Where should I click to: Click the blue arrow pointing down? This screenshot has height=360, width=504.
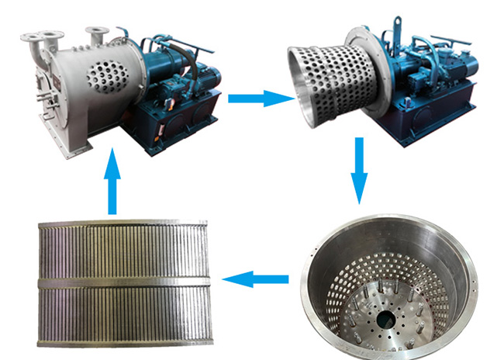pyautogui.click(x=357, y=171)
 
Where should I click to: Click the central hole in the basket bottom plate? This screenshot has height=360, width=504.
pyautogui.click(x=383, y=318)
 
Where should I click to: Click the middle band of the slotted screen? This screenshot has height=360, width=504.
pyautogui.click(x=125, y=280)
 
